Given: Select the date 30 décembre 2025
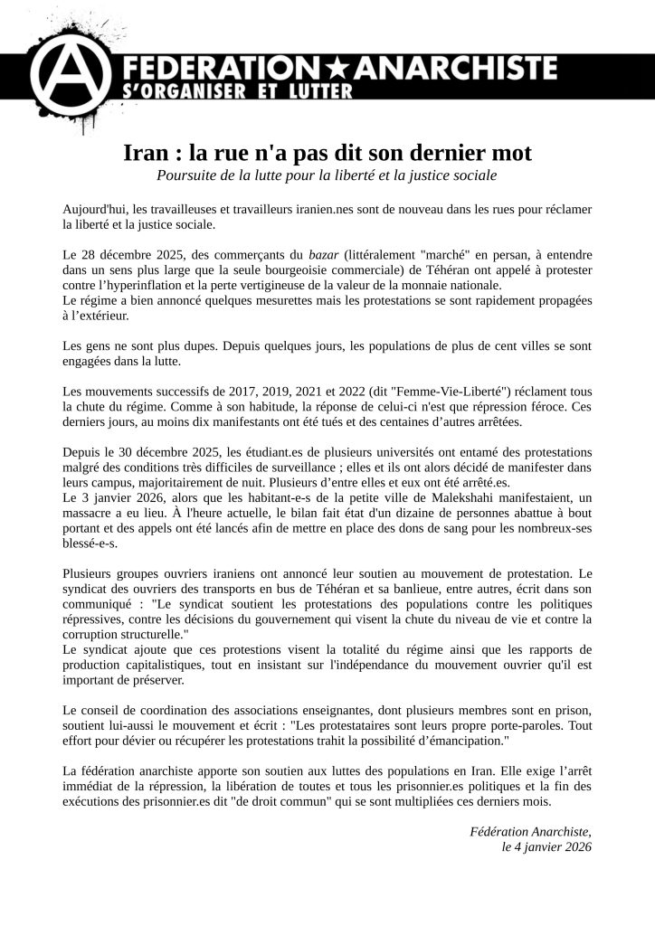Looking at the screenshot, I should coord(166,451).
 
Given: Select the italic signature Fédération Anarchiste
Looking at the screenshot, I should coord(531,831).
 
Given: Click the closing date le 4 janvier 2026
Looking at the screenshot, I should coord(546,846).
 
